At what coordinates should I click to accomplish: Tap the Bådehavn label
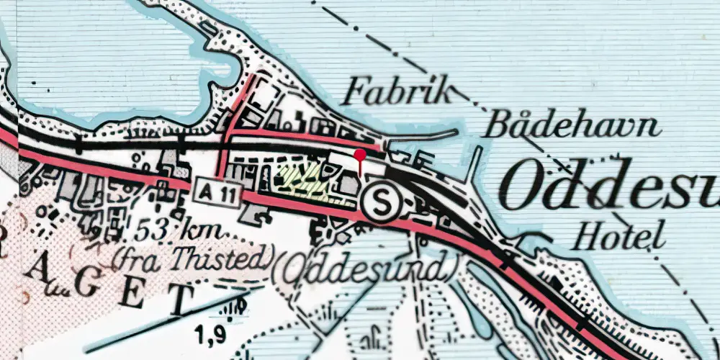pos(572,125)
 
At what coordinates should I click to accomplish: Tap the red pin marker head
pos(360,153)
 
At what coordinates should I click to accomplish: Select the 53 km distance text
pos(177,233)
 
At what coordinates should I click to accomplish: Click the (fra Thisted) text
pos(194,255)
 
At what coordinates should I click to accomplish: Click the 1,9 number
pos(212,332)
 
